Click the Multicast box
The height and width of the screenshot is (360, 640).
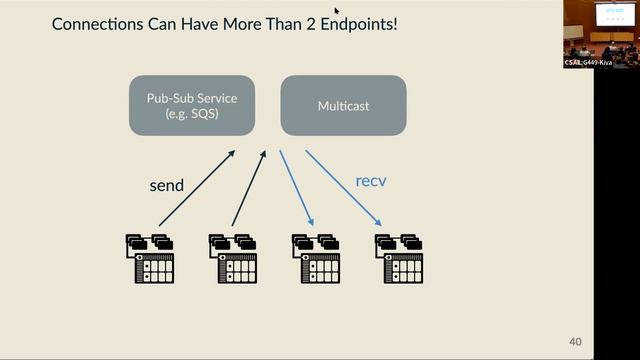click(343, 104)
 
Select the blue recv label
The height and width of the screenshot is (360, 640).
click(372, 181)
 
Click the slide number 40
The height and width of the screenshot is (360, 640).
click(575, 342)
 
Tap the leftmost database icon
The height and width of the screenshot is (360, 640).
click(150, 259)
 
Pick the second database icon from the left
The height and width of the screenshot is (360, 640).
click(233, 259)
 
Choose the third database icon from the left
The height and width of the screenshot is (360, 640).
click(316, 259)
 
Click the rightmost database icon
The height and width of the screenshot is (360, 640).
click(399, 259)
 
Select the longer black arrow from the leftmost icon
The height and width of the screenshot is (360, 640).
click(196, 188)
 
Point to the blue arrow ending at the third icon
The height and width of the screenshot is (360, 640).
click(297, 188)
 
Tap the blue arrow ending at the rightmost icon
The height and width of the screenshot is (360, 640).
click(343, 188)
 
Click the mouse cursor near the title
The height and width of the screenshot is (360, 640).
click(337, 11)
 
